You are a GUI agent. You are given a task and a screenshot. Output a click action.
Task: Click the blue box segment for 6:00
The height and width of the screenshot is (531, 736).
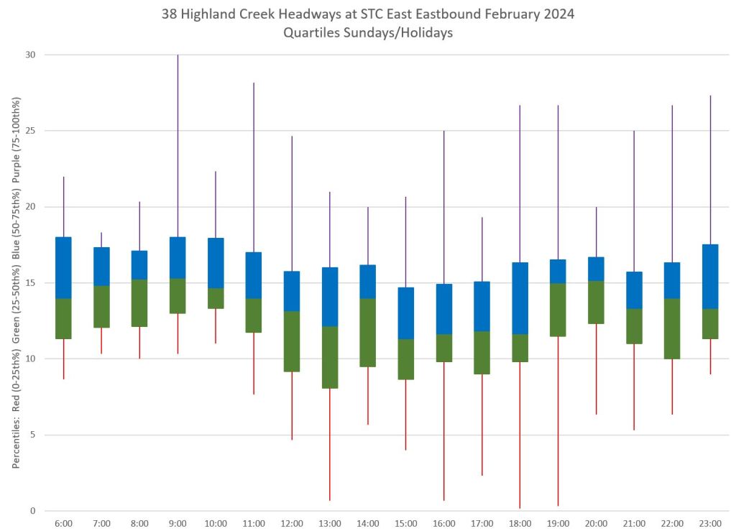(x=63, y=267)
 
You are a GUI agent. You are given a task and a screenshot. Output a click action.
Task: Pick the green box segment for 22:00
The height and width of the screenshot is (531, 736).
(x=672, y=328)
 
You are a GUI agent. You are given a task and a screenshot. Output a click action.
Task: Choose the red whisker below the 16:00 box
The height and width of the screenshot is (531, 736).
(x=443, y=430)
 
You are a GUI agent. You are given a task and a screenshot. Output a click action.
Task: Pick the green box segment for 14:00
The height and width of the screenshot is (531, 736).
(x=368, y=332)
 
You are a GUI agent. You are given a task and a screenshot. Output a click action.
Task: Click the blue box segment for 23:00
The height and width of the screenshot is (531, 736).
(x=710, y=277)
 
